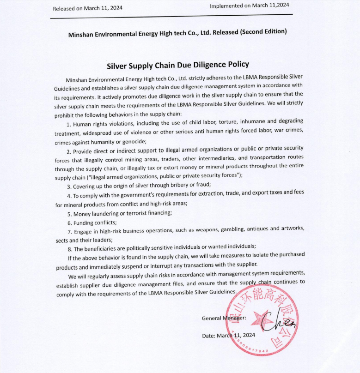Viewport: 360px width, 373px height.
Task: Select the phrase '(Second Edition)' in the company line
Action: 264,32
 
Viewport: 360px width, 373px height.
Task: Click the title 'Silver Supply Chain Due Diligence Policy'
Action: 178,65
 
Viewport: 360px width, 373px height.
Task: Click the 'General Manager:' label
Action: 224,318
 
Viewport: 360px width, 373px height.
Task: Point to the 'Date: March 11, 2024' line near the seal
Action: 228,336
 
